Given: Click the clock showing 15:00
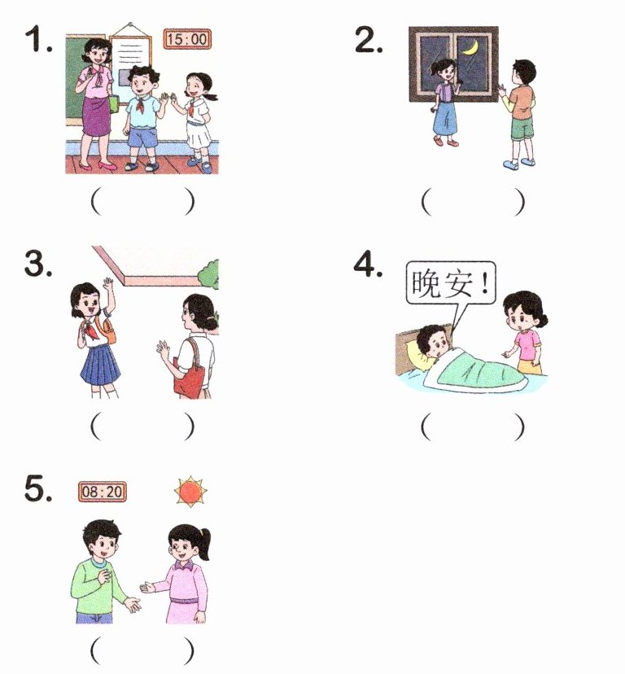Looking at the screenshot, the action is coord(187,39).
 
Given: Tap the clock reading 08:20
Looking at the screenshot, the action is coord(103,492).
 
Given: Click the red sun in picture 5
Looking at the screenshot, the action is coord(190,492).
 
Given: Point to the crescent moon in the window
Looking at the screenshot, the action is coord(471,47).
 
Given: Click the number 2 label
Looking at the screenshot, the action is coord(369,40).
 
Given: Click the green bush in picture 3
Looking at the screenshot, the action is coord(208,274).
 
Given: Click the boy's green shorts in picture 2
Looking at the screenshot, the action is coord(522,128).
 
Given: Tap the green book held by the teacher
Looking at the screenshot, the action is coord(114,104).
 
